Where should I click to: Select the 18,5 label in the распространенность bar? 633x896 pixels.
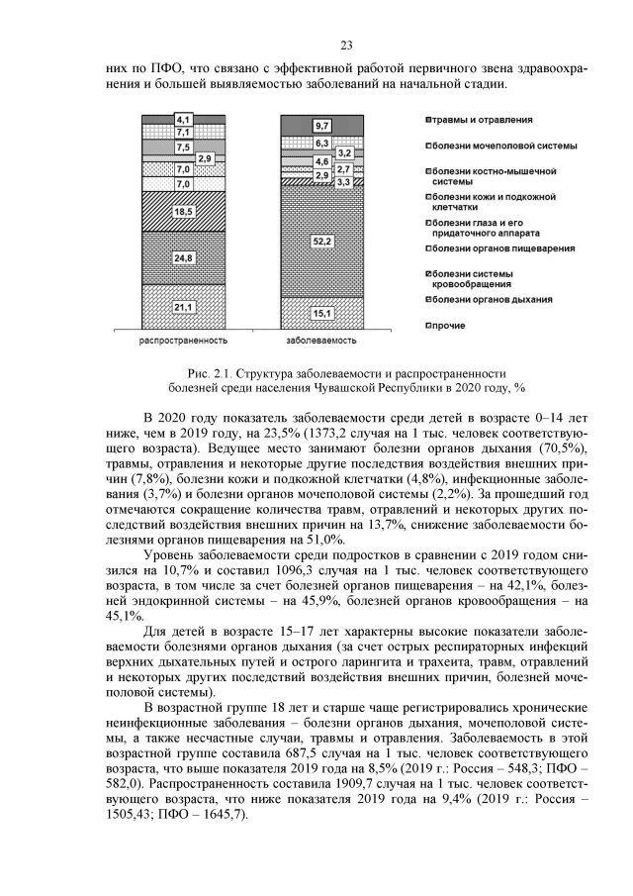(x=183, y=211)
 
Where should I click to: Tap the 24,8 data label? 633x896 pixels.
(x=183, y=257)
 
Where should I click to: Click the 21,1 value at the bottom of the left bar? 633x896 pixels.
(x=183, y=307)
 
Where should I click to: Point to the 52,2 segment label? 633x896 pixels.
(x=320, y=241)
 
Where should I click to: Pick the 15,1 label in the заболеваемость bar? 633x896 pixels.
(x=320, y=314)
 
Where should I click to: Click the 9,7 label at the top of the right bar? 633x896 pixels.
(x=321, y=126)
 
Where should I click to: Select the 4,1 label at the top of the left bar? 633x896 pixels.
(x=183, y=120)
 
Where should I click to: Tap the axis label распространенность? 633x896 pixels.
(x=183, y=340)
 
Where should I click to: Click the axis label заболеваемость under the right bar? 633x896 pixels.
(x=320, y=340)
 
